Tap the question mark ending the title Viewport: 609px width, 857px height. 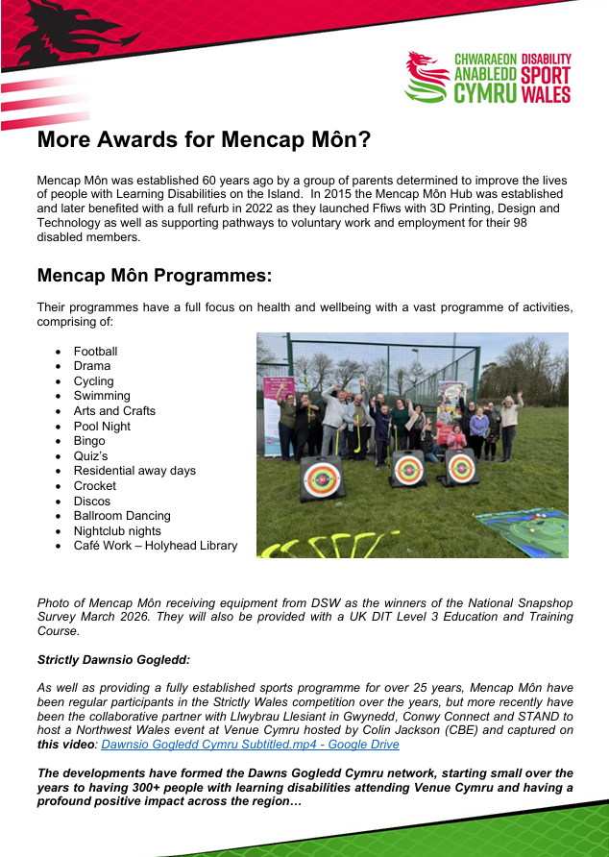point(362,140)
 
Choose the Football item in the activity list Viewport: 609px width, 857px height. point(95,352)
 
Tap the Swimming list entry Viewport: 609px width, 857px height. point(102,396)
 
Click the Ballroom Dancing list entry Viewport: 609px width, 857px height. point(122,516)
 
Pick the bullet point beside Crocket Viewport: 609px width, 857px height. point(59,486)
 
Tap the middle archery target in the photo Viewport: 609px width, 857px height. point(408,470)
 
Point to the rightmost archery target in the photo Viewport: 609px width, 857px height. point(460,468)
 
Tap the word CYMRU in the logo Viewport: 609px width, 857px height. point(485,93)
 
